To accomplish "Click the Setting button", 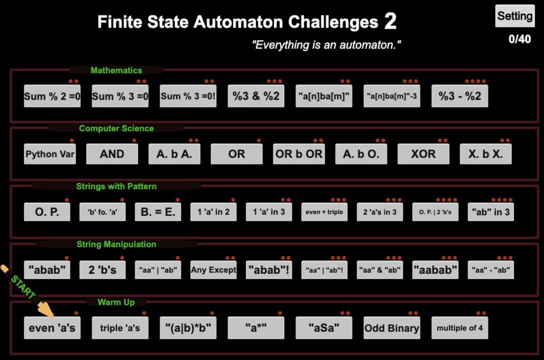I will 514,16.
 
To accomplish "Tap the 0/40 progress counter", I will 519,39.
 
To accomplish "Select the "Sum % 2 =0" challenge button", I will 52,96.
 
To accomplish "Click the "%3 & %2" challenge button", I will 256,96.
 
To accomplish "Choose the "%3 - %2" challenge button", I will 459,96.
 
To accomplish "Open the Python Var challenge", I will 50,154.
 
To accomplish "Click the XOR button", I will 423,154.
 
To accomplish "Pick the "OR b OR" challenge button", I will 299,154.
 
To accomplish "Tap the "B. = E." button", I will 158,212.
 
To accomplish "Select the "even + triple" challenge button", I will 324,212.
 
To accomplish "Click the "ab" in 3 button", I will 490,212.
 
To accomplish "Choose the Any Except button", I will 213,270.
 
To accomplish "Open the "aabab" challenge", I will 435,270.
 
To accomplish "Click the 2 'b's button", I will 103,270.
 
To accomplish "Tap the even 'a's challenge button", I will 52,328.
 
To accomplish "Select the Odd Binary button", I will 391,328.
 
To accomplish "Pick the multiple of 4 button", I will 459,328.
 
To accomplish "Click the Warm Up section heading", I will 116,302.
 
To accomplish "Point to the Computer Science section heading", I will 116,128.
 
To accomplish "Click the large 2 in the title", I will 390,21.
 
